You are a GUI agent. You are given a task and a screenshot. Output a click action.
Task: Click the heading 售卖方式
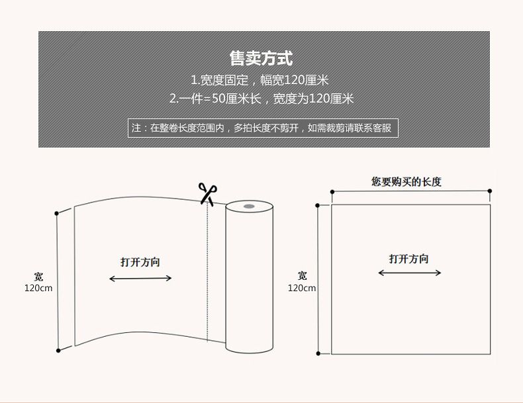[261, 59]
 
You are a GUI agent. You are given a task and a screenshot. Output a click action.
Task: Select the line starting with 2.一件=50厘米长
[261, 99]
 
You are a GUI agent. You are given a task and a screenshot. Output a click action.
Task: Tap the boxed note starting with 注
[263, 128]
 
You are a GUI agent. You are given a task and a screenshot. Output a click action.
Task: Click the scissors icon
[207, 193]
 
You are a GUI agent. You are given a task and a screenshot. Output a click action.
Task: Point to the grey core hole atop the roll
[249, 207]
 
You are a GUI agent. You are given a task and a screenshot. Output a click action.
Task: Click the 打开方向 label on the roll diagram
[140, 262]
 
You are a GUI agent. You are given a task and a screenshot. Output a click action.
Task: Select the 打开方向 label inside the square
[408, 259]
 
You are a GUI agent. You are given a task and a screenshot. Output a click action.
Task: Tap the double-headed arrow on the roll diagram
[140, 279]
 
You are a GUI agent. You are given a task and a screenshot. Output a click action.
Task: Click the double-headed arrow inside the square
[409, 273]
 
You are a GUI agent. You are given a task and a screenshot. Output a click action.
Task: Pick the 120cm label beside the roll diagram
[38, 289]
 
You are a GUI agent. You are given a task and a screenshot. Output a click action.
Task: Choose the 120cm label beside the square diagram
[302, 288]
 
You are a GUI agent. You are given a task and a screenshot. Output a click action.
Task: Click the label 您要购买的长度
[406, 181]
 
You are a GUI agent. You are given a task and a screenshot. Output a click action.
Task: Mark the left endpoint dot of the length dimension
[332, 191]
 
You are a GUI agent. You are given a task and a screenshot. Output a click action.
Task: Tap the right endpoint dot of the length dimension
[490, 191]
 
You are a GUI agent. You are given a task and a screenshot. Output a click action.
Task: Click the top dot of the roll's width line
[58, 213]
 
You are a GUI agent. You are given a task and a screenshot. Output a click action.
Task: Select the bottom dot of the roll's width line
[58, 349]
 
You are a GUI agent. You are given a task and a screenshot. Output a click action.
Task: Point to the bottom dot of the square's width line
[318, 353]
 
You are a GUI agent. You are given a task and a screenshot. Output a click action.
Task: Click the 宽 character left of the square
[303, 276]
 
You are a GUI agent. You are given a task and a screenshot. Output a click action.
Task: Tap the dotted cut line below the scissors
[207, 271]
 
